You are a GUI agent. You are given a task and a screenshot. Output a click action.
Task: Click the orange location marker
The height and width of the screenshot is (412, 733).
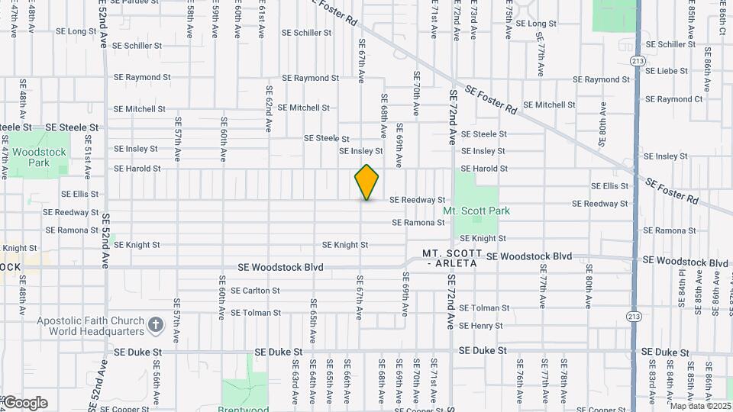click(366, 182)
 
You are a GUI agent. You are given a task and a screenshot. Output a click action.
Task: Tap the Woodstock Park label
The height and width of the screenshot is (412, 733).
click(40, 157)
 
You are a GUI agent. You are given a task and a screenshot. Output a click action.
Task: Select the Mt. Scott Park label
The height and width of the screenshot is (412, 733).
click(476, 211)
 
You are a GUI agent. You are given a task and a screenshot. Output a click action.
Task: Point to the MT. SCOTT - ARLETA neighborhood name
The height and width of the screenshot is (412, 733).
click(453, 258)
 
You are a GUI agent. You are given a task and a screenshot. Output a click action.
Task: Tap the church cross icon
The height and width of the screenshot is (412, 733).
click(156, 325)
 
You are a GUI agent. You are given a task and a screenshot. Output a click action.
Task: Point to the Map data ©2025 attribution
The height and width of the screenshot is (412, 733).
click(700, 406)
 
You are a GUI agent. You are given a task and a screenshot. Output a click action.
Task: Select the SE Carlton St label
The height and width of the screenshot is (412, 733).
click(255, 291)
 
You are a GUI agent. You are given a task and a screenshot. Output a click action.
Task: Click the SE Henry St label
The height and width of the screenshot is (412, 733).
click(481, 326)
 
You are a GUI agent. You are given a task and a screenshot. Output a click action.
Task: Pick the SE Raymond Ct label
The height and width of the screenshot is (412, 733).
click(673, 99)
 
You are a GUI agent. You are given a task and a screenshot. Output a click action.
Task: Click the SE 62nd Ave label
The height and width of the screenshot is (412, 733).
click(269, 111)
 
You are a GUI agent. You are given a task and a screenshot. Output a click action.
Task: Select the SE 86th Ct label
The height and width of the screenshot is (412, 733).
click(722, 18)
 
